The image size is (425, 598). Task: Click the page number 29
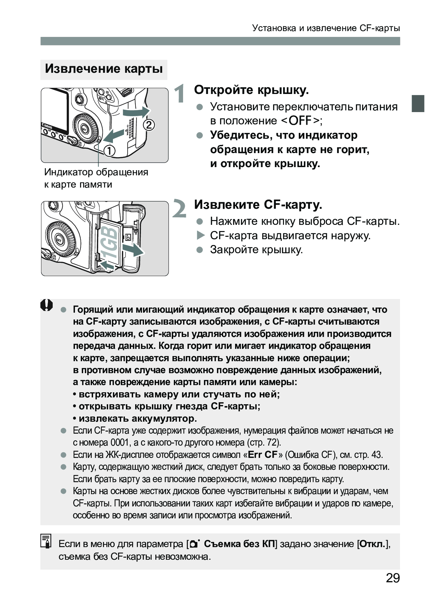[x=392, y=578]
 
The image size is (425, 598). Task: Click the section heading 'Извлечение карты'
[x=104, y=69]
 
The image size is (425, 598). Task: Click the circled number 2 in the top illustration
[x=149, y=125]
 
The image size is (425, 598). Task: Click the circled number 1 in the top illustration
[x=110, y=150]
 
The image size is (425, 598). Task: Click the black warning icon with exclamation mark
[x=47, y=305]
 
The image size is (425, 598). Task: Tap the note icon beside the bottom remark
[x=46, y=541]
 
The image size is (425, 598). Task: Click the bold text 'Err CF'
[x=262, y=455]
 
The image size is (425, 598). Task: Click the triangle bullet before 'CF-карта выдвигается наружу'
[x=200, y=235]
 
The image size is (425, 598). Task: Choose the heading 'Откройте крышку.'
[x=252, y=90]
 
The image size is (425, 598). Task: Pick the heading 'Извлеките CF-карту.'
[x=258, y=205]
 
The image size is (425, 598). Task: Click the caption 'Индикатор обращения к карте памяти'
[x=96, y=178]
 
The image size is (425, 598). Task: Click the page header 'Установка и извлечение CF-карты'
[x=326, y=28]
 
